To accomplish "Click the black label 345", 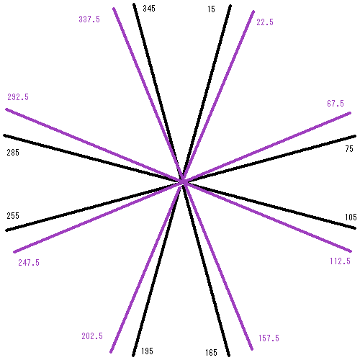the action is (x=149, y=9).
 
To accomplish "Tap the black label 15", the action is (x=211, y=9).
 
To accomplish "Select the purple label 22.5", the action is (x=265, y=22).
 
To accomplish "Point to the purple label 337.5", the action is (x=89, y=19).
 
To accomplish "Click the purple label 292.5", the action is (x=18, y=97).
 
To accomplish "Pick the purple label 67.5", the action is (x=336, y=104).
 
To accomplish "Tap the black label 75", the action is (x=349, y=149).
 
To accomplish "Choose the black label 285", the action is (x=13, y=152).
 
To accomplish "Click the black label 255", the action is (x=13, y=215).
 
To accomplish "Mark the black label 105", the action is (x=351, y=217).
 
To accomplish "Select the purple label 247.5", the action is (x=29, y=262).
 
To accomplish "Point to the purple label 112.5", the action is (x=340, y=261).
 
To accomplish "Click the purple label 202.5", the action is (x=92, y=336).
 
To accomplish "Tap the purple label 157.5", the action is (x=269, y=338).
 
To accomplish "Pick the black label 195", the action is (x=147, y=351).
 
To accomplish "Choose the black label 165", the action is (x=211, y=353).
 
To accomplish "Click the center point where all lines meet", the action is (x=183, y=181).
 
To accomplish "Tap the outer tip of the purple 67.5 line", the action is (x=350, y=113).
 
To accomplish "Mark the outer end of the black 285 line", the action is (x=4, y=135).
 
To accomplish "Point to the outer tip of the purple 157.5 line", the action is (x=252, y=349).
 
